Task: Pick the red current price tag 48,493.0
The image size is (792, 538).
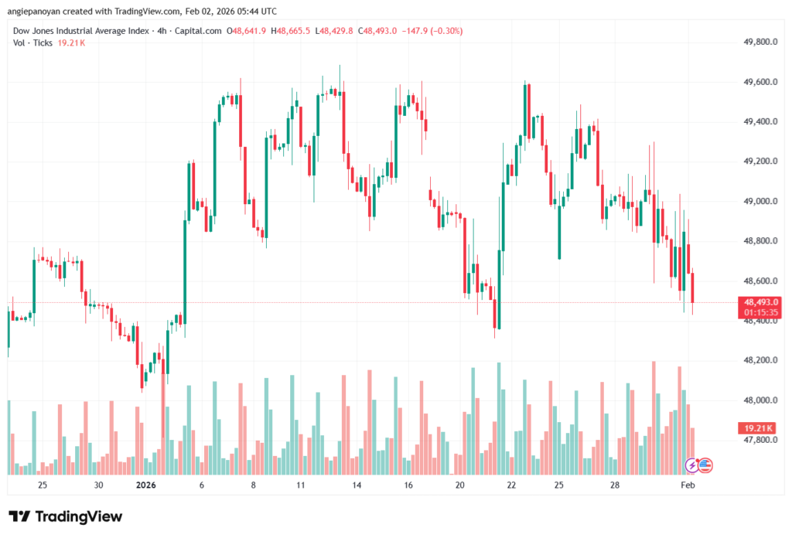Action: [x=761, y=301]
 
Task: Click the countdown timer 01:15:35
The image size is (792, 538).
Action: [x=761, y=312]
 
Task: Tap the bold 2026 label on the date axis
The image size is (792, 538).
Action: [x=146, y=485]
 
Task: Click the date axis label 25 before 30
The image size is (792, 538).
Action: [x=43, y=485]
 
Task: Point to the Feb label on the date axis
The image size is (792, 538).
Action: [x=687, y=485]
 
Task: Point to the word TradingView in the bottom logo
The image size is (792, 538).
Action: [x=78, y=516]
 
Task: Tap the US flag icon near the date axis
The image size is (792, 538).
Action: [x=705, y=465]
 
